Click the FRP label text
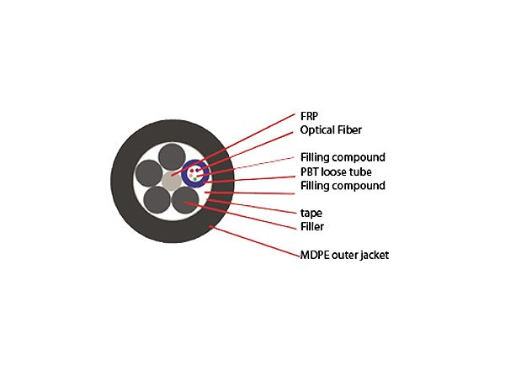pyautogui.click(x=309, y=116)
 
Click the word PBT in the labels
pyautogui.click(x=308, y=172)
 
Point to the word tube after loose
pyautogui.click(x=361, y=172)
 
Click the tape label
pyautogui.click(x=311, y=213)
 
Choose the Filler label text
pyautogui.click(x=312, y=227)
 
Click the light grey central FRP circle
pyautogui.click(x=172, y=181)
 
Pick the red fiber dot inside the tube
pyautogui.click(x=192, y=171)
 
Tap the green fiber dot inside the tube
pyautogui.click(x=195, y=179)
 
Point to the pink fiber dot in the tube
pyautogui.click(x=191, y=176)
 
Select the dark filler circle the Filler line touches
pyautogui.click(x=185, y=201)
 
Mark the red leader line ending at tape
pyautogui.click(x=252, y=206)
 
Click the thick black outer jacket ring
pyautogui.click(x=122, y=181)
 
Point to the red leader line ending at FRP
pyautogui.click(x=233, y=145)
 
